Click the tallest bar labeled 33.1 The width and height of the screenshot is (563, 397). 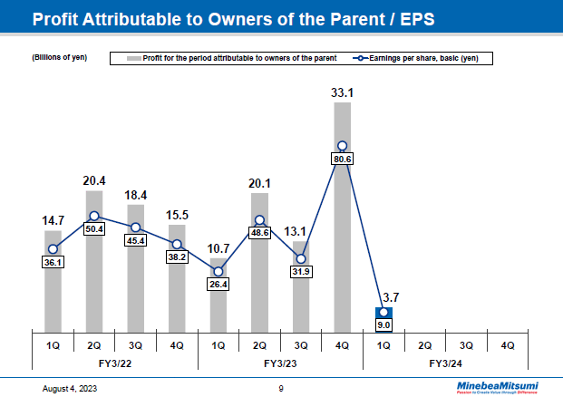point(342,218)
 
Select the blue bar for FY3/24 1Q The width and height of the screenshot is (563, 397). point(383,320)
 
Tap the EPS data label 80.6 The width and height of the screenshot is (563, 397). point(342,159)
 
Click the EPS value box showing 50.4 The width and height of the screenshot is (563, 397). point(94,229)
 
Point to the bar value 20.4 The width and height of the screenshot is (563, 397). point(94,180)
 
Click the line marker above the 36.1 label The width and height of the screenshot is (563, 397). point(53,249)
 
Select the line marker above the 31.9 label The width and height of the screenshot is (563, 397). point(301,258)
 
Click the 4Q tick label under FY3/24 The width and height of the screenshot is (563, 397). point(507,344)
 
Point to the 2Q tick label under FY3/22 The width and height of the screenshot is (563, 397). point(94,344)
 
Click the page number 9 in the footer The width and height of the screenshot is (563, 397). point(281,388)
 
